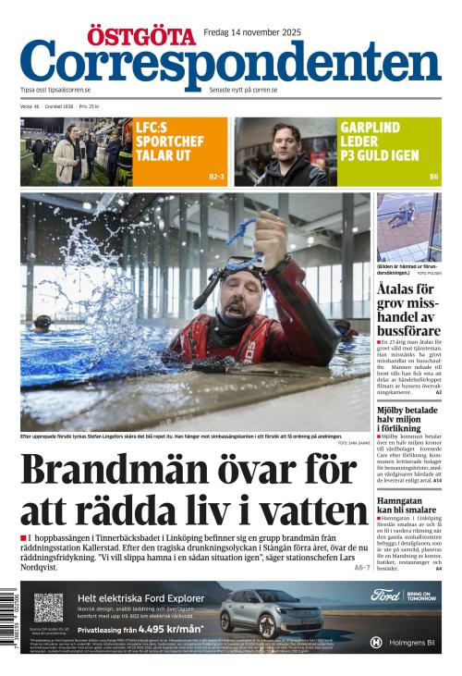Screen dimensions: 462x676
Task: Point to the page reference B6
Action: pyautogui.click(x=433, y=177)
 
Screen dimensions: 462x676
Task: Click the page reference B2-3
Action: pyautogui.click(x=216, y=177)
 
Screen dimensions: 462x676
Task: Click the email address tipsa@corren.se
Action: pyautogui.click(x=73, y=90)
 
